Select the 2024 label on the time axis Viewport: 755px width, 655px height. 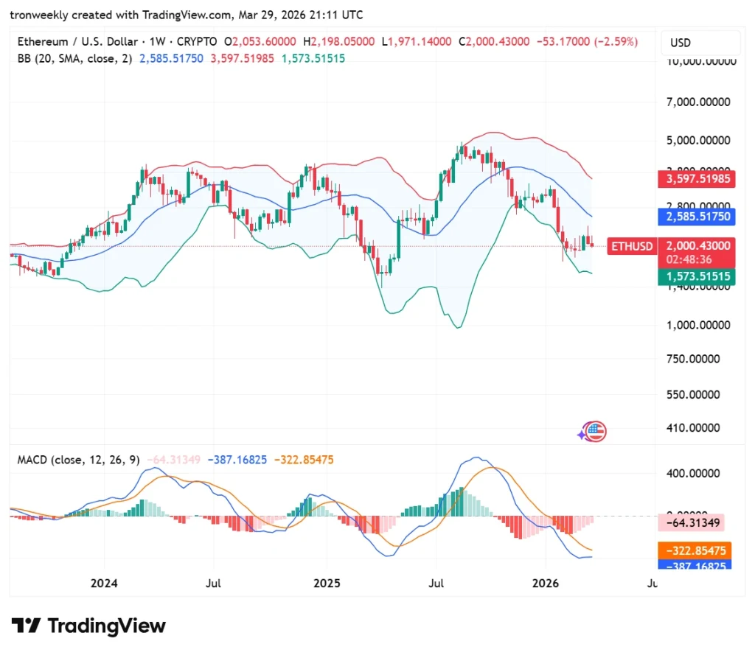coord(104,584)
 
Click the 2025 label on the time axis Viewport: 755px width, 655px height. coord(327,584)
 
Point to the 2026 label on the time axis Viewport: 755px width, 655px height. coord(546,584)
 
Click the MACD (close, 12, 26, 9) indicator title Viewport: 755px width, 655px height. coord(78,460)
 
